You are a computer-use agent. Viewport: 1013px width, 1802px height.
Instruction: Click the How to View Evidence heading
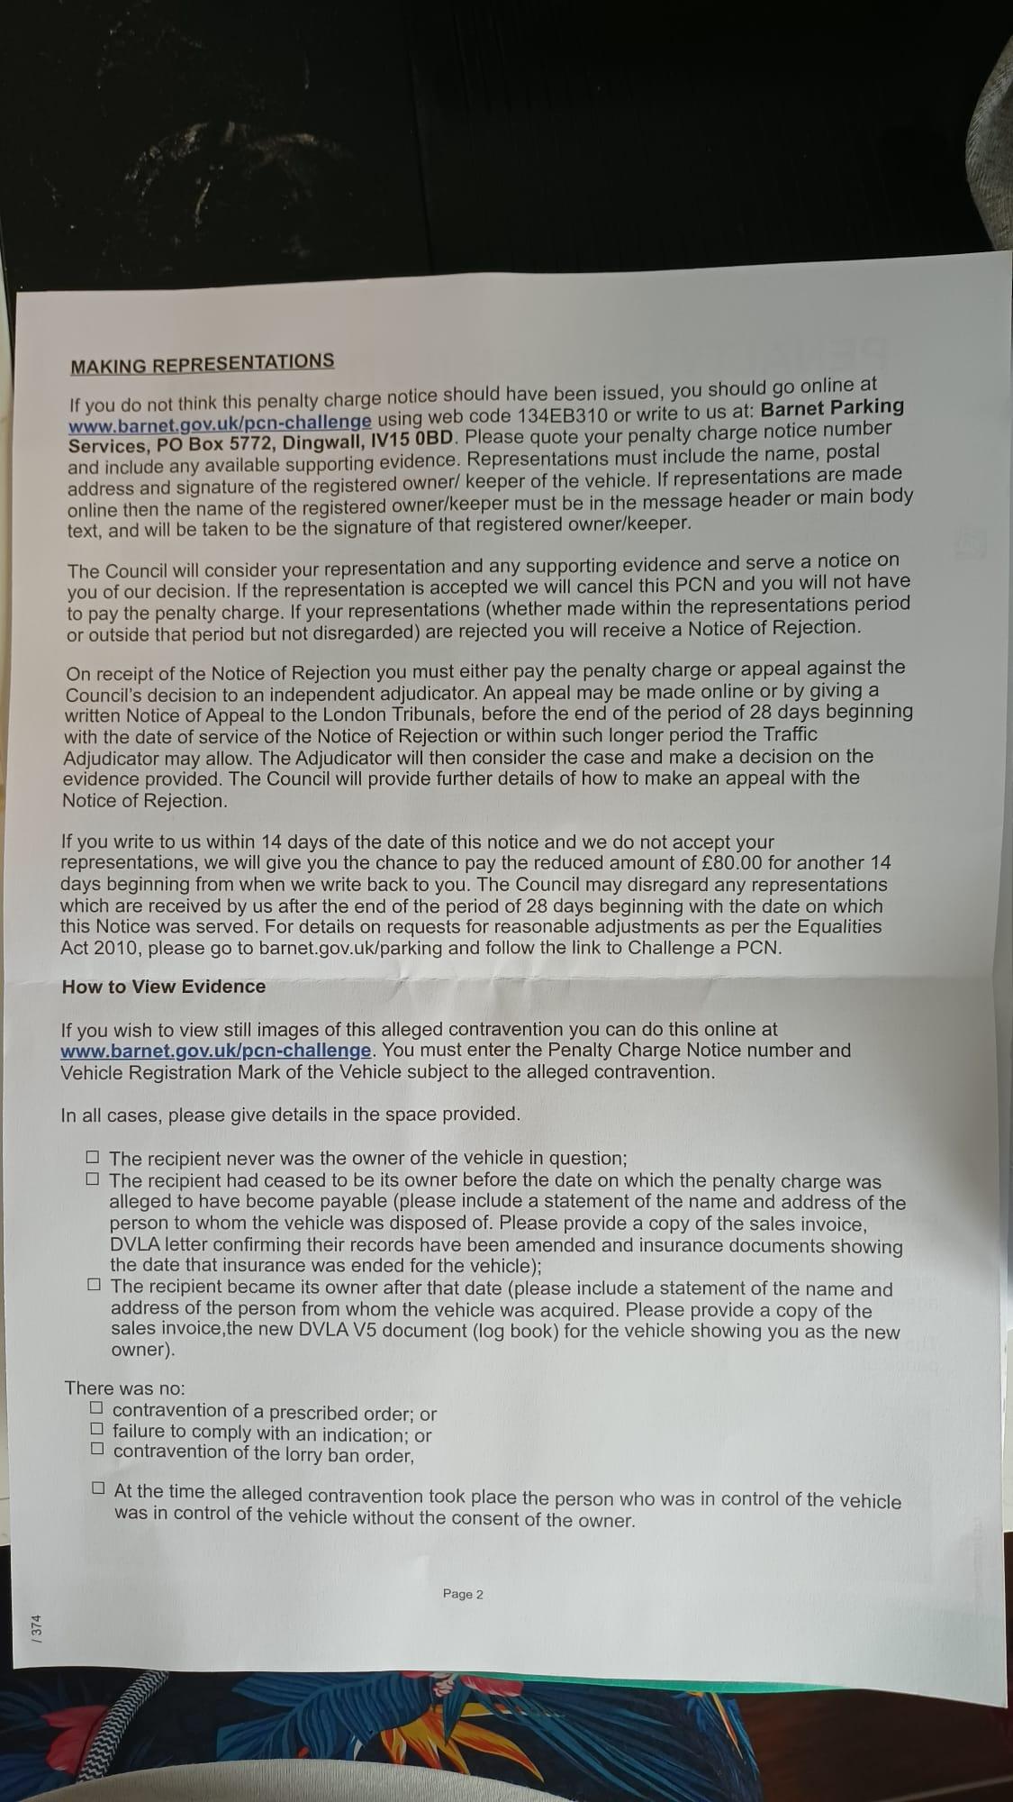[163, 987]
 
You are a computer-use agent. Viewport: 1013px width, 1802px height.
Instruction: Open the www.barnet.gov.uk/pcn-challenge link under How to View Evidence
[216, 1051]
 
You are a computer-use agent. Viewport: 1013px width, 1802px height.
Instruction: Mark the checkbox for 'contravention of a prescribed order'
[96, 1407]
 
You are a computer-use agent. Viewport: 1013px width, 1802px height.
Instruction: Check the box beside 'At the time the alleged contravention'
[98, 1488]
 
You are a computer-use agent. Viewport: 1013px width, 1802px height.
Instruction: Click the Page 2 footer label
[463, 1595]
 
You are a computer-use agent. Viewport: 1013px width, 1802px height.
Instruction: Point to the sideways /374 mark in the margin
[37, 1628]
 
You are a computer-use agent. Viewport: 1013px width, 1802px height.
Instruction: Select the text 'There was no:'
[124, 1388]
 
